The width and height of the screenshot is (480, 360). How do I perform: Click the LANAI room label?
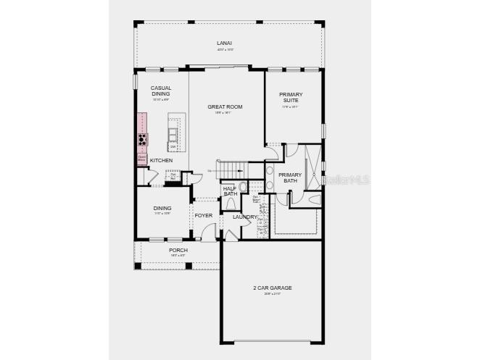click(x=224, y=43)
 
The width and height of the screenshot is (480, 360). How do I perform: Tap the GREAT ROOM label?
click(x=224, y=106)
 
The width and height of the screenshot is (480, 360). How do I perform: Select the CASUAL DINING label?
click(x=161, y=91)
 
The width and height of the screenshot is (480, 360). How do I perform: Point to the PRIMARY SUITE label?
click(x=290, y=97)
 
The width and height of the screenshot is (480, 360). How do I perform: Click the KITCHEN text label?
click(x=161, y=160)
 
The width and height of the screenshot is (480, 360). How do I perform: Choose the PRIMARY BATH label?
click(x=290, y=177)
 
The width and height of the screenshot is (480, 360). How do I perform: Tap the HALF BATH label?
click(x=230, y=191)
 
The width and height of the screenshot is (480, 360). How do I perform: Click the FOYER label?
click(x=204, y=215)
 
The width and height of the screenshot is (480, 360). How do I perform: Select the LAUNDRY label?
click(x=244, y=217)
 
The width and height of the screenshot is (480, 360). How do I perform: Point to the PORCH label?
click(x=178, y=250)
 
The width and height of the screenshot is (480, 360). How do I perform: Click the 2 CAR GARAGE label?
click(x=273, y=288)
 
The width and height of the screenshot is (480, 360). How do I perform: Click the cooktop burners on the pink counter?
click(x=143, y=139)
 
